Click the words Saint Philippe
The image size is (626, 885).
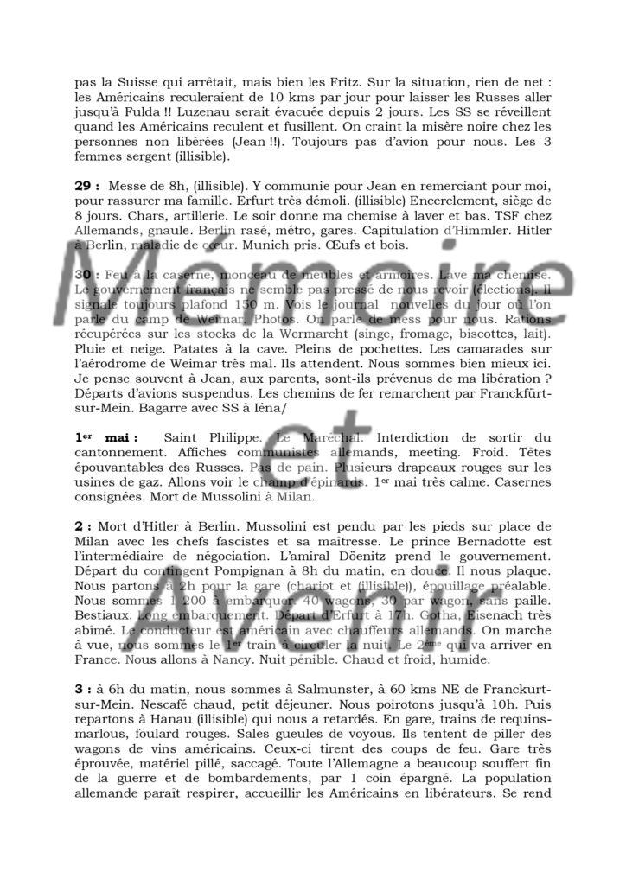[210, 440]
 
